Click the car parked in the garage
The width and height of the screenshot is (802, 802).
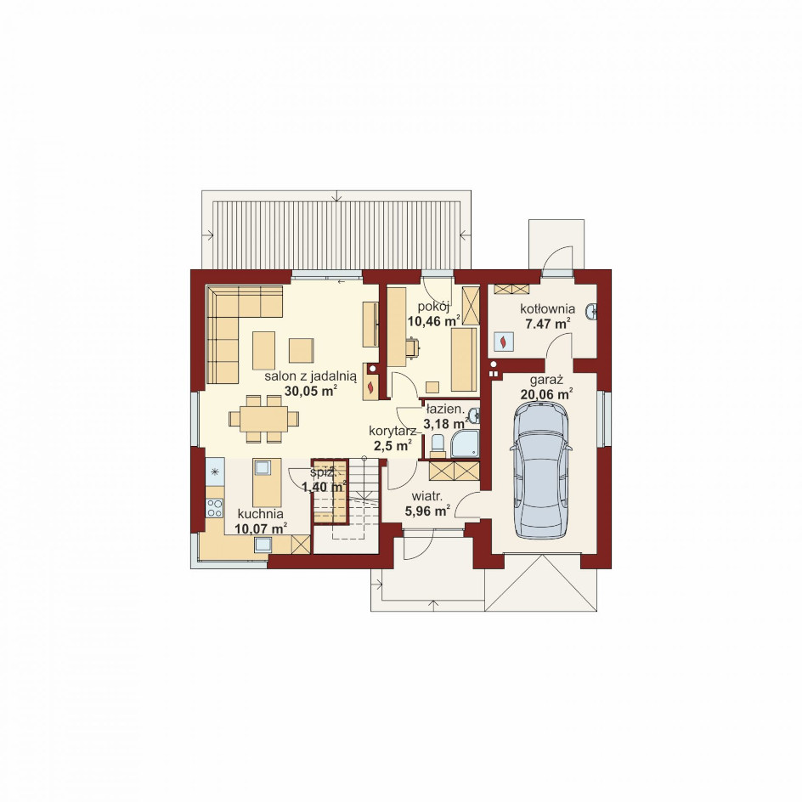coord(540,469)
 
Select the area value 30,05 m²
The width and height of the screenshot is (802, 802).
coord(310,391)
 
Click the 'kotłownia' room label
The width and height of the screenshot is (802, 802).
coord(547,309)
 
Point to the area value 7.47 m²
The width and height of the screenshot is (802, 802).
coord(548,324)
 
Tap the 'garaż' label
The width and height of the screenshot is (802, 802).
coord(546,380)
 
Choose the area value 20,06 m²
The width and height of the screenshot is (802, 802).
coord(546,394)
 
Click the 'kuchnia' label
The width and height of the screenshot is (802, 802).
coord(260,514)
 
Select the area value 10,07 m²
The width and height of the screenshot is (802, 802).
coord(260,528)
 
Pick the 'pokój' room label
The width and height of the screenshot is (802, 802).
coord(433,307)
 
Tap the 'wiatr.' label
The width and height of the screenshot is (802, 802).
coord(427,496)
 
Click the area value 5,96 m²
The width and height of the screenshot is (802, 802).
coord(427,510)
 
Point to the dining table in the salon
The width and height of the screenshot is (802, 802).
coord(263,419)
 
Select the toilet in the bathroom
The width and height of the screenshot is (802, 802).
coord(438,445)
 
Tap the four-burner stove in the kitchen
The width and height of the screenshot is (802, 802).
coord(215,508)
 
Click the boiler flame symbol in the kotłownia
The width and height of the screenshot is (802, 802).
coord(503,342)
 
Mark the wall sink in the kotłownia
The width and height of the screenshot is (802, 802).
coord(592,310)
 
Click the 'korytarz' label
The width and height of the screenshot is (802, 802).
coord(393,432)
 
